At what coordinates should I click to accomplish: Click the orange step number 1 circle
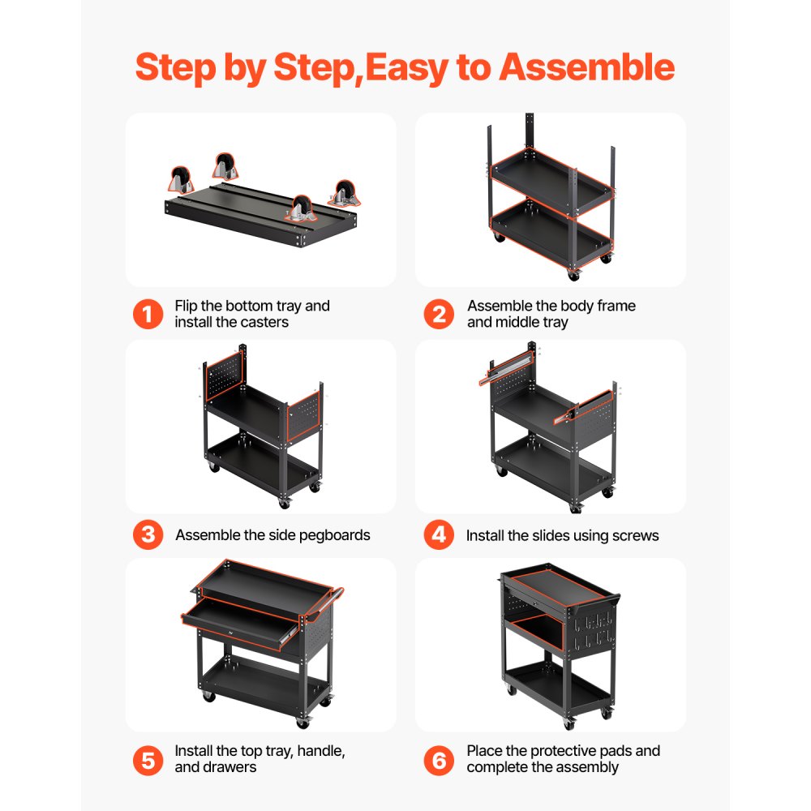click(148, 314)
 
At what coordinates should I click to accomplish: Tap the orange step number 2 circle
click(439, 314)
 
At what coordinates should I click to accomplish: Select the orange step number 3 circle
click(148, 535)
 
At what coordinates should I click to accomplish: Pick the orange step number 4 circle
click(439, 535)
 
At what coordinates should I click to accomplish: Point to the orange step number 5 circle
click(148, 759)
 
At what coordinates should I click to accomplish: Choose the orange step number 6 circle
click(439, 759)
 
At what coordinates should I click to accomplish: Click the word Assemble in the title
click(586, 67)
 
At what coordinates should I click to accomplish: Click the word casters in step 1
click(262, 322)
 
